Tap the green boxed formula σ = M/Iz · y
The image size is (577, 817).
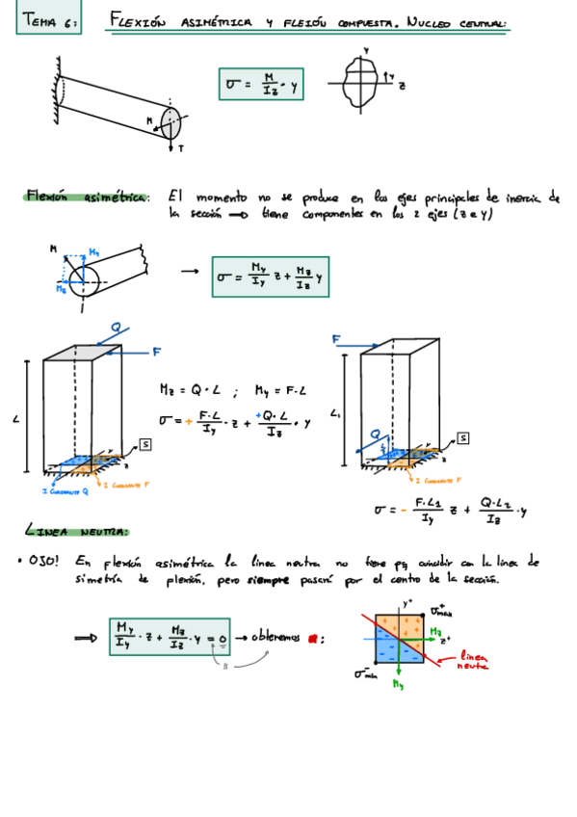[262, 86]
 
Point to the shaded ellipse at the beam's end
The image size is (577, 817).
[170, 122]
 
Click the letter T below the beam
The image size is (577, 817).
[180, 148]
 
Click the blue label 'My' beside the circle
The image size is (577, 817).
[93, 252]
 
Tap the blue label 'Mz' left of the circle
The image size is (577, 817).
[61, 287]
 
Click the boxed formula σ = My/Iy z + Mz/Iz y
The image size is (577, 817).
[271, 277]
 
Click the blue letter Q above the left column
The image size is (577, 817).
[115, 328]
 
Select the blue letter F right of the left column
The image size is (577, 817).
[155, 353]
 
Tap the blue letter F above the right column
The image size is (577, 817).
[338, 339]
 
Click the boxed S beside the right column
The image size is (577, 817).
[463, 438]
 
